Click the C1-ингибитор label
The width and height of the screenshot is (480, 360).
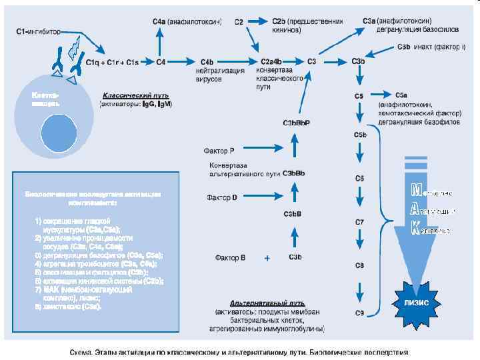tap(38, 31)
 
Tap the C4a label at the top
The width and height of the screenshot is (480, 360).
tap(159, 21)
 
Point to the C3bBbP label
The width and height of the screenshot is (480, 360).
tap(296, 123)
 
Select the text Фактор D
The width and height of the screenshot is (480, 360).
tap(221, 198)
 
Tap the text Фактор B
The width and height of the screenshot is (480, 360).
tap(230, 257)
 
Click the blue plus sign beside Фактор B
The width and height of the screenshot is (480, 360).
tap(267, 257)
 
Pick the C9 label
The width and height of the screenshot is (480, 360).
tap(359, 313)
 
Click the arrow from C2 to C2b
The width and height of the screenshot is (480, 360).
tap(257, 22)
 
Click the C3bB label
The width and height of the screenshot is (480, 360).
tap(293, 215)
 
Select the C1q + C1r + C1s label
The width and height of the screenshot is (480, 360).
tap(112, 62)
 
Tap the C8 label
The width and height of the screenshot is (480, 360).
tap(359, 265)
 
